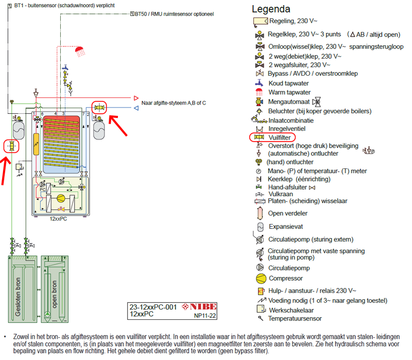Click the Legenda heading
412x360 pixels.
271,9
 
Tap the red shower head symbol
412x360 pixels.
80,50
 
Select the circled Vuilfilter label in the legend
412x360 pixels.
282,138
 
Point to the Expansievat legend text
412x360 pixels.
286,227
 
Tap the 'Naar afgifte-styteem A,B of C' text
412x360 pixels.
174,103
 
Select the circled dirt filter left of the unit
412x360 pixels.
10,146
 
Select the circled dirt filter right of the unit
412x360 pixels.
99,108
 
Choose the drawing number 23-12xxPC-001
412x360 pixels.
152,307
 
